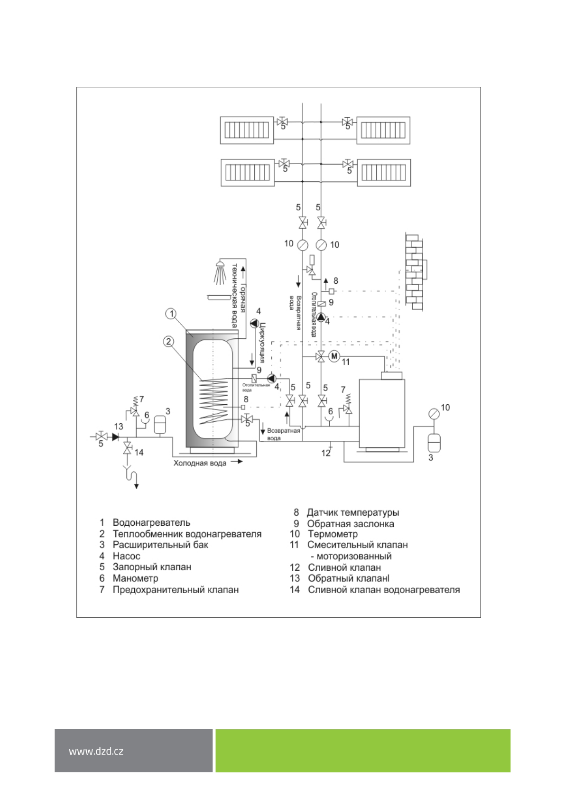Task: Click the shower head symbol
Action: tap(220, 271)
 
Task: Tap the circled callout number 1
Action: tap(171, 314)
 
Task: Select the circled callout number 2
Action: tap(168, 342)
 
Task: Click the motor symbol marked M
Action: tap(334, 356)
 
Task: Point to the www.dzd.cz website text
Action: tap(96, 751)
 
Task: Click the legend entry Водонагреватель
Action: tap(151, 522)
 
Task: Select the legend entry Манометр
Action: tap(135, 578)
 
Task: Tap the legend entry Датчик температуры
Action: tap(353, 512)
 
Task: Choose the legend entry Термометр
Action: tap(333, 534)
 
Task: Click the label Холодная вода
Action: tap(200, 463)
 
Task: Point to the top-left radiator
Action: tap(247, 130)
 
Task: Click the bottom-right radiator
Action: tap(384, 173)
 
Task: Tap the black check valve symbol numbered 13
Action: tap(115, 437)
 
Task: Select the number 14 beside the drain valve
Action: tap(139, 453)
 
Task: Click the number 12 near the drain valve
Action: tap(325, 453)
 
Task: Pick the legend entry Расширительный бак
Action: tap(160, 545)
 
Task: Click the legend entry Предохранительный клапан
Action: tap(176, 590)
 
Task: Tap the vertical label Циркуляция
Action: tap(262, 343)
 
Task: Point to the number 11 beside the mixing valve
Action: tap(346, 362)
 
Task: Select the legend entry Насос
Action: tap(126, 556)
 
